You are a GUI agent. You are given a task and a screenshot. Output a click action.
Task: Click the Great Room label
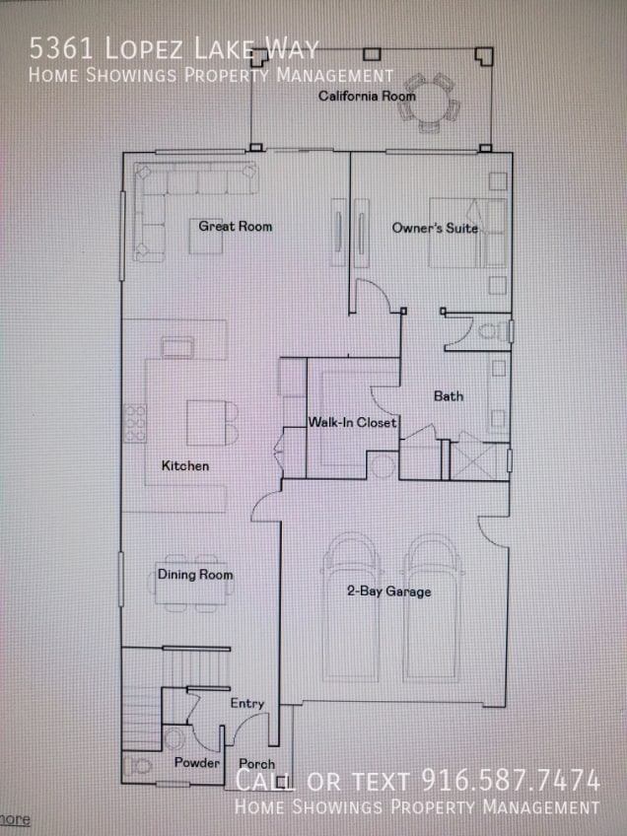[235, 227]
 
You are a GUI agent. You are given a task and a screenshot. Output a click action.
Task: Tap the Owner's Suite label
[435, 229]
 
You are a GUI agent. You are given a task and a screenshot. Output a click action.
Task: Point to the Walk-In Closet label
[352, 423]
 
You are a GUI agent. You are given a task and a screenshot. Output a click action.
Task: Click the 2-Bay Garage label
[387, 592]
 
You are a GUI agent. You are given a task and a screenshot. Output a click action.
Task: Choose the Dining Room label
[195, 575]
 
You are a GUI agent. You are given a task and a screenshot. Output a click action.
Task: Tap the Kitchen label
[185, 465]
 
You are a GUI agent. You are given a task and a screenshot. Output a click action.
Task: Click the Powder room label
[196, 763]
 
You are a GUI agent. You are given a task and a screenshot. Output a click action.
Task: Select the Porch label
[256, 764]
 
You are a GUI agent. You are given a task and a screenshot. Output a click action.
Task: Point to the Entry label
[246, 704]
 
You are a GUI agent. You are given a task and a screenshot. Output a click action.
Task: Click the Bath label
[449, 396]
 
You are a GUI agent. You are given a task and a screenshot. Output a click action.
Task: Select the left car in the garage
[352, 606]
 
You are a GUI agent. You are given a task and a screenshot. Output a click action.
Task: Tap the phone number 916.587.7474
[511, 781]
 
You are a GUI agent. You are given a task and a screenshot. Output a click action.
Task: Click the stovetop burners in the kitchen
[134, 423]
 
